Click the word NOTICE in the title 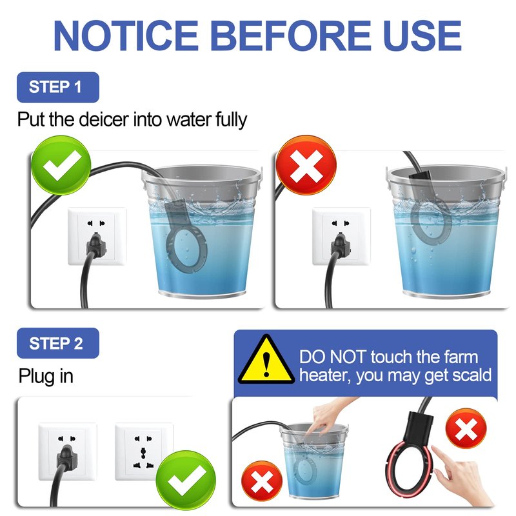point(126,35)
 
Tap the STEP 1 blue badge point(58,87)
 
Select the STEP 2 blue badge point(58,343)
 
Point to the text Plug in point(46,377)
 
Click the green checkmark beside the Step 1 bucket point(61,166)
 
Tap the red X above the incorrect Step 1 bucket point(306,166)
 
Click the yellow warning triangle point(266,361)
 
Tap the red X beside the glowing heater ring point(466,428)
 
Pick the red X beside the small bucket point(262,481)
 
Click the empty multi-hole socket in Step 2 point(144,451)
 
